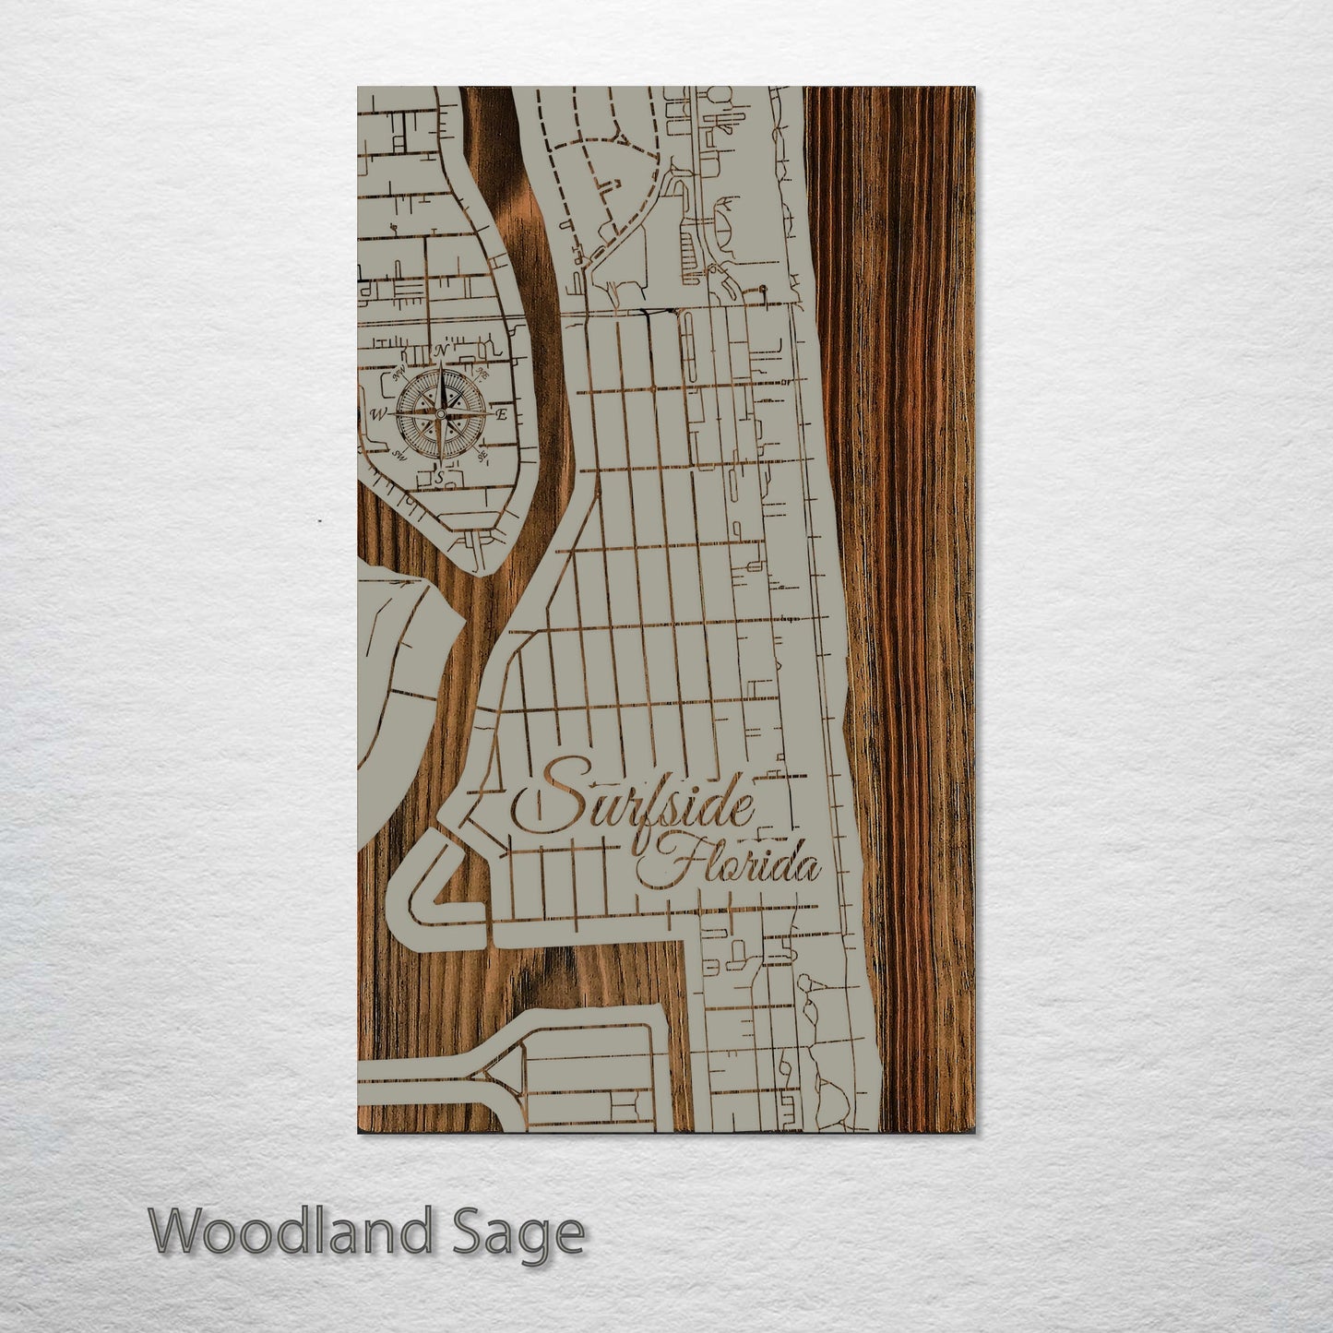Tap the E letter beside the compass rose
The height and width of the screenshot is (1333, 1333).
(501, 415)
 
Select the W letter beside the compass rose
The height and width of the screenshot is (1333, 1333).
(378, 413)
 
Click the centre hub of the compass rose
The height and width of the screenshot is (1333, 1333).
(441, 414)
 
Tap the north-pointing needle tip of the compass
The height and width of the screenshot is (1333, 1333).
(441, 365)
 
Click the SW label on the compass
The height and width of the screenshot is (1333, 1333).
(399, 455)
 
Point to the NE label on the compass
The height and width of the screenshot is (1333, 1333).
(482, 375)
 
